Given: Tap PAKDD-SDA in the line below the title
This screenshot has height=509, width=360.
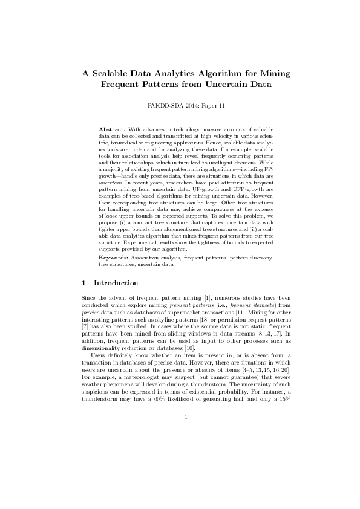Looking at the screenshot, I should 163,105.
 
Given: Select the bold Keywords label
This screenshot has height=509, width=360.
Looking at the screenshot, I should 114,274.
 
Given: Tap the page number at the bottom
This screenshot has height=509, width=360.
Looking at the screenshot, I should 186,467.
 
